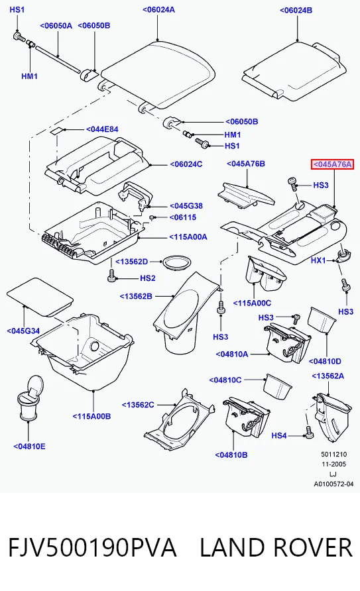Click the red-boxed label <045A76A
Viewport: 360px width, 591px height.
(332, 164)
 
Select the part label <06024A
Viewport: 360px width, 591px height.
(158, 9)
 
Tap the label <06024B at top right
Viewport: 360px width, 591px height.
(296, 10)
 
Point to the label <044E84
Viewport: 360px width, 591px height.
(102, 129)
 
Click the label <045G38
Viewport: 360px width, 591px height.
(186, 206)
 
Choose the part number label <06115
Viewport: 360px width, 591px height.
(183, 217)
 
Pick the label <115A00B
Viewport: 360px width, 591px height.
(91, 416)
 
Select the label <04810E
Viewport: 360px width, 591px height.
(29, 447)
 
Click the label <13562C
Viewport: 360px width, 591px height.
(138, 405)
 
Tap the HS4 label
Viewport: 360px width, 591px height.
(279, 436)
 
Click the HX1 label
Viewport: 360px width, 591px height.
(318, 260)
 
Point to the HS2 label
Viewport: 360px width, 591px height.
(148, 278)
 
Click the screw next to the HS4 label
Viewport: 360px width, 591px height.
(309, 432)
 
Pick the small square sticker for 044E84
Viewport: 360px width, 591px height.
(58, 131)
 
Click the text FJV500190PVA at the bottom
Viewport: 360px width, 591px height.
(92, 547)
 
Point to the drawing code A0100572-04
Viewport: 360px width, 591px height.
(333, 484)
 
